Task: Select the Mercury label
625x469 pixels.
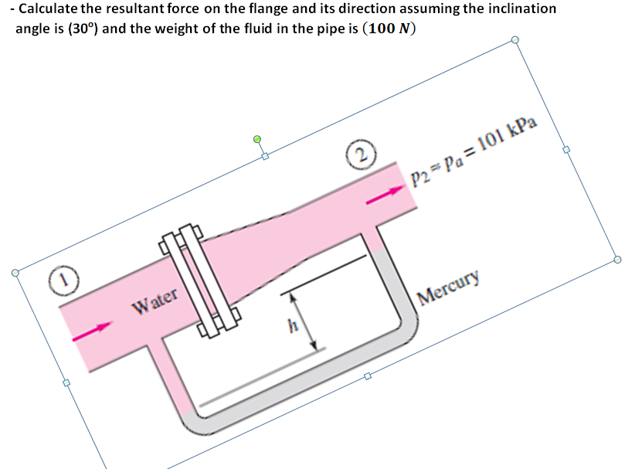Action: (x=448, y=286)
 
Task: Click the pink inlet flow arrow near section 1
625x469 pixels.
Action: (x=87, y=332)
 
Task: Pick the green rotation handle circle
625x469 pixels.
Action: (x=258, y=140)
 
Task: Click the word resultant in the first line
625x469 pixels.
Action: (x=142, y=8)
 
